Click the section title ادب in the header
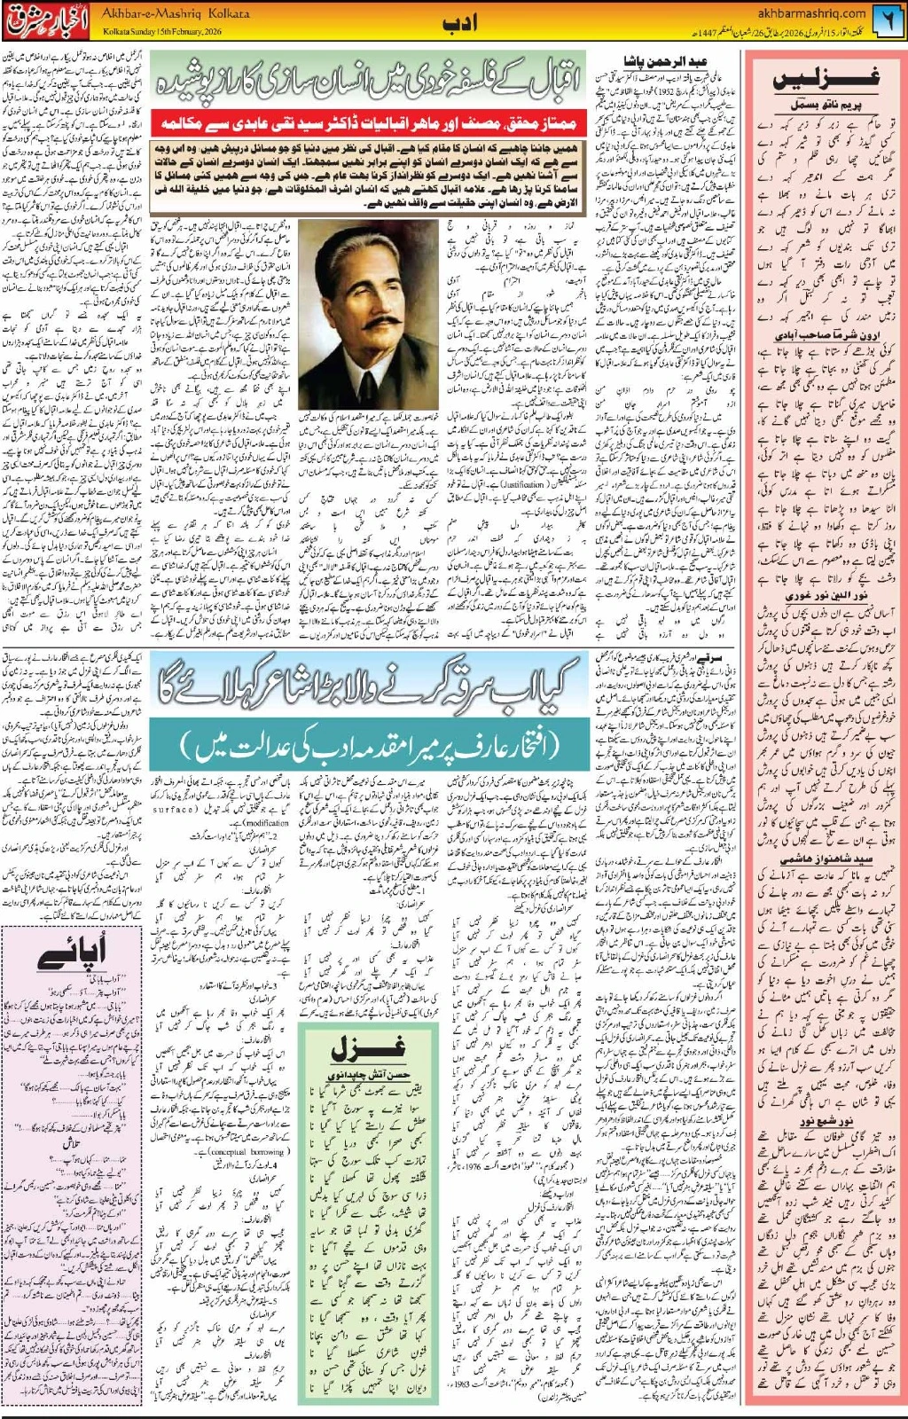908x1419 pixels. point(459,23)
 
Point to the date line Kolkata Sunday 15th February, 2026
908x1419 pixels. point(162,32)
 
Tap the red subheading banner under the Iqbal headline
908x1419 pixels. point(366,121)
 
